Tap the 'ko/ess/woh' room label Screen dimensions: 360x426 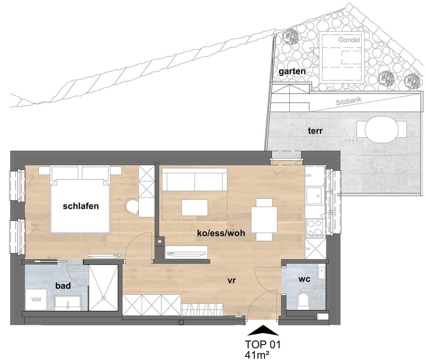(221, 232)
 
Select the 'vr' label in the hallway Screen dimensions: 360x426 (231, 281)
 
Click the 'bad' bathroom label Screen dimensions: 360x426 (63, 286)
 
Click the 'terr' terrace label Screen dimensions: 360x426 (315, 131)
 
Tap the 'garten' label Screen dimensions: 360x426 (292, 71)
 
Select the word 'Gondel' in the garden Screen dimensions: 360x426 (349, 40)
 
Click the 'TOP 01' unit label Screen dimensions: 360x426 (263, 344)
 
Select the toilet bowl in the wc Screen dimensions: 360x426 (304, 301)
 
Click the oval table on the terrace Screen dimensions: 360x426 (381, 129)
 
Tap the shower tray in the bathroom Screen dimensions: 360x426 (104, 288)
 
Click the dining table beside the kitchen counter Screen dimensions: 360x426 (264, 219)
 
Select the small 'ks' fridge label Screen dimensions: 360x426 (308, 249)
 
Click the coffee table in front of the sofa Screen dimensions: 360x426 (195, 207)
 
